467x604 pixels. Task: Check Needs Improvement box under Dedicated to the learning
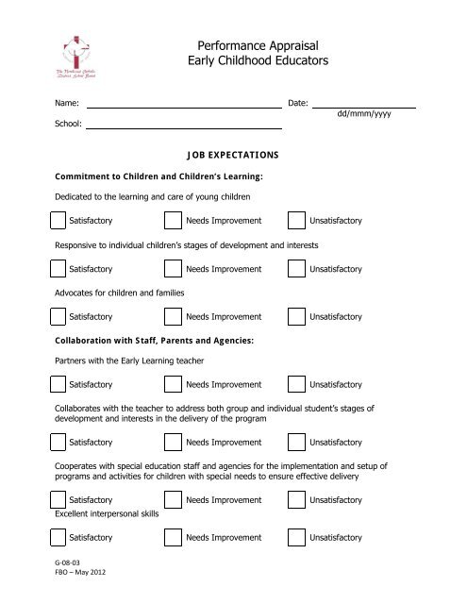[174, 221]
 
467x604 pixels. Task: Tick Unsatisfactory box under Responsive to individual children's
[296, 269]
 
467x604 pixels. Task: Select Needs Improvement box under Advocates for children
[174, 317]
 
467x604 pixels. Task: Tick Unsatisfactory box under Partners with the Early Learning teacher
[296, 384]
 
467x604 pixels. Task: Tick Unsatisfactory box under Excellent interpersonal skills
[296, 537]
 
